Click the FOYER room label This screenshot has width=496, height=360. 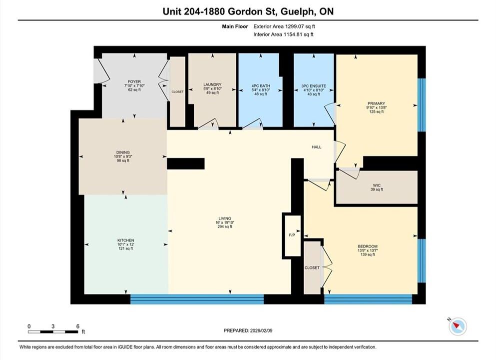[x=134, y=81]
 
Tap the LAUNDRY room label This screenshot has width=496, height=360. [x=212, y=84]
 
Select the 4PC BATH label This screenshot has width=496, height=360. [x=261, y=86]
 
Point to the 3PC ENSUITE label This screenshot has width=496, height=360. [x=314, y=86]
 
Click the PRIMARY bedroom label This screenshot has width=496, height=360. [x=377, y=103]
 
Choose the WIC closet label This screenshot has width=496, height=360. [x=377, y=185]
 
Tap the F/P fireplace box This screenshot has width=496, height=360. [x=292, y=235]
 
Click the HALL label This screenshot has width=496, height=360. [x=317, y=147]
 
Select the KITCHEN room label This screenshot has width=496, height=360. [x=125, y=240]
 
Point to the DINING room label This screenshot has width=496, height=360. [x=123, y=152]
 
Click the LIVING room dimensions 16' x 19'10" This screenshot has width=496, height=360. [x=225, y=222]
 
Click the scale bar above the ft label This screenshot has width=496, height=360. [x=53, y=332]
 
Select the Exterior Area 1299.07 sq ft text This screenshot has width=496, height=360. [x=284, y=26]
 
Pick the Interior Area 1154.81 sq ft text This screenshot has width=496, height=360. [x=283, y=34]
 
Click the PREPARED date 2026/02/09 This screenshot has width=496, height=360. [x=261, y=330]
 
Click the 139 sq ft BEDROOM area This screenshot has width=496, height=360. [x=368, y=254]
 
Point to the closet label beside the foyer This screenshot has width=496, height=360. [x=177, y=92]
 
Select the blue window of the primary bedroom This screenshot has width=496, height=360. [x=422, y=105]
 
